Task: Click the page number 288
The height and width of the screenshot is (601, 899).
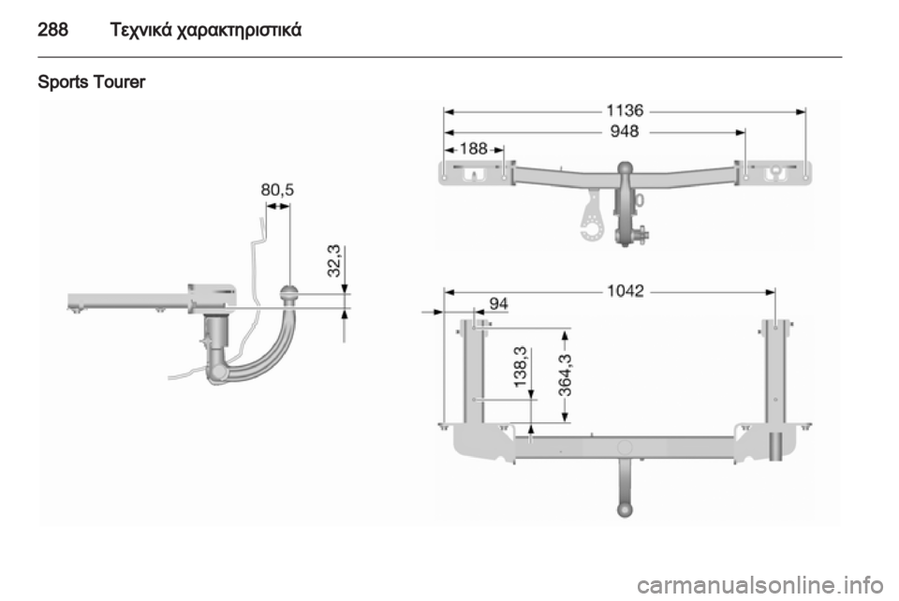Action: [52, 29]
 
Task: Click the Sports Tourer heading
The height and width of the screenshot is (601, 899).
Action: [91, 82]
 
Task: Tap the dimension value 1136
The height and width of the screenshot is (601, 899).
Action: [625, 110]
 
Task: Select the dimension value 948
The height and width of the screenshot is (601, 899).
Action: [625, 132]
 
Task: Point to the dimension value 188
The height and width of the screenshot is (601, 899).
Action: [474, 149]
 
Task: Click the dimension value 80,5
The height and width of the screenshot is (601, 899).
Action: [277, 190]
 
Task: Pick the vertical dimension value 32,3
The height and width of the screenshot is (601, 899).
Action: [334, 260]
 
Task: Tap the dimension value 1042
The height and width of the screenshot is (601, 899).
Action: [626, 291]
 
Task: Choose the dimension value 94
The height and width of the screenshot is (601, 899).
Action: [498, 303]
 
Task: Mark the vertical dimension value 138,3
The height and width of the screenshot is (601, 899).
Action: [521, 367]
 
